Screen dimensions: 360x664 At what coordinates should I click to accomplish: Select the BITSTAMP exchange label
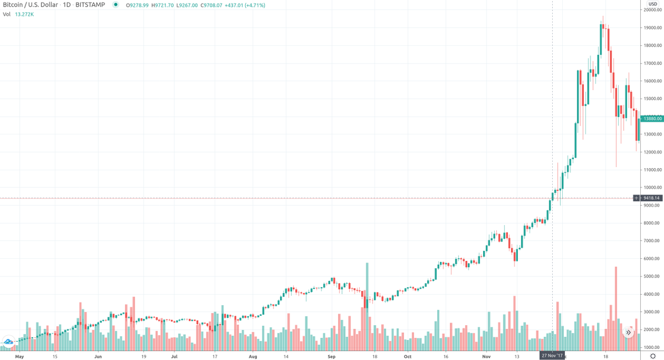(89, 5)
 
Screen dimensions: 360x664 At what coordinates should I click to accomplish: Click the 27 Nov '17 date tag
(552, 356)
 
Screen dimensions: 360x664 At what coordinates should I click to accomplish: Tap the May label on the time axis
(20, 356)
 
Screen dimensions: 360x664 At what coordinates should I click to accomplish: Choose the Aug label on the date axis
(253, 356)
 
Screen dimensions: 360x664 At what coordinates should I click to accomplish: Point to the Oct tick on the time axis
(408, 356)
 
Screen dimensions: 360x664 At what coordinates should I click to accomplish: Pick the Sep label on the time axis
(331, 356)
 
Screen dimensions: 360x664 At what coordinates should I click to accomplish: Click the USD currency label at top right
(653, 4)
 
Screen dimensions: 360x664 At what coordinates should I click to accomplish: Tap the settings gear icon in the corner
(653, 356)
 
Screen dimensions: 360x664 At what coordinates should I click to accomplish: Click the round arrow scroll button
(629, 332)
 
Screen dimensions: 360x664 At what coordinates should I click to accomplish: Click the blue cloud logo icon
(9, 341)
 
